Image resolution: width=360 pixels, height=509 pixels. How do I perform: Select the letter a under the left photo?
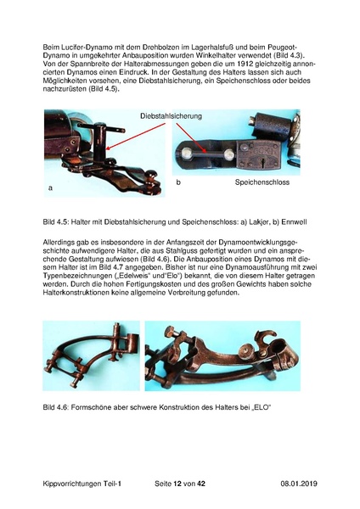52,187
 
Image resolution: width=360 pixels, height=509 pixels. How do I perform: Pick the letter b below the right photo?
178,182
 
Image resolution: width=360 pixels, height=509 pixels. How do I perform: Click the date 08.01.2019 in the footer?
299,484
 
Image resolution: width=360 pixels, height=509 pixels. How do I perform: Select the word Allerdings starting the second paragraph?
60,242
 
